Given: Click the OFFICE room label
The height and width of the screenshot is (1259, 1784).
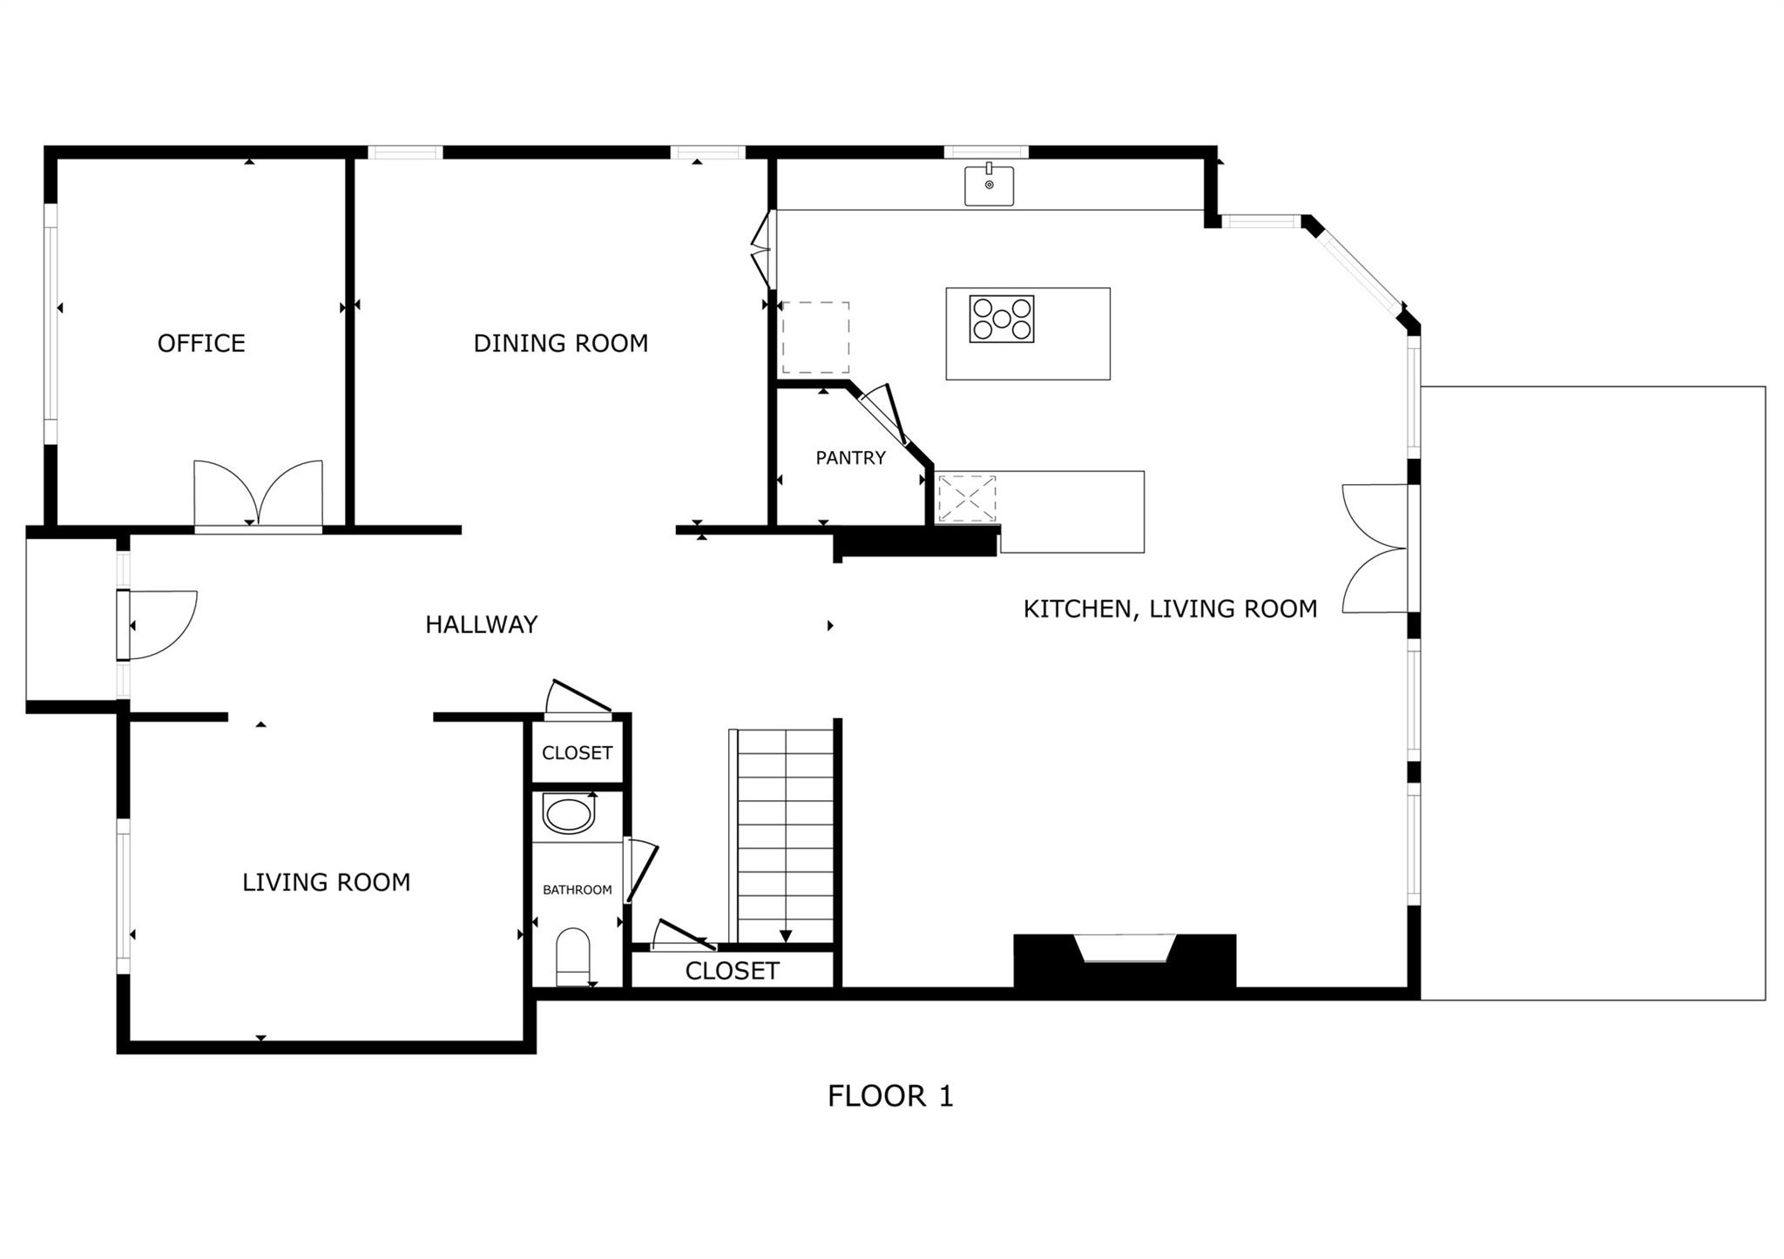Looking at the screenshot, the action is (x=201, y=343).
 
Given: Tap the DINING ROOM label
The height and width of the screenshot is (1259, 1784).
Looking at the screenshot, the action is (x=561, y=343).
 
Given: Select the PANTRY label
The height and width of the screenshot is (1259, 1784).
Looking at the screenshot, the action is (x=850, y=457).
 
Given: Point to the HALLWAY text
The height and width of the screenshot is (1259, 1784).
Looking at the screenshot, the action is (x=482, y=624).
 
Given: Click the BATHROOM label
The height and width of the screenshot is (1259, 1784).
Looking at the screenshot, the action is (x=578, y=890).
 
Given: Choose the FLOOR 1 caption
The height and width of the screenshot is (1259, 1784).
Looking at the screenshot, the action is (x=890, y=1096).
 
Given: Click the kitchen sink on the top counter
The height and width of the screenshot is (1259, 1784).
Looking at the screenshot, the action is (x=989, y=185).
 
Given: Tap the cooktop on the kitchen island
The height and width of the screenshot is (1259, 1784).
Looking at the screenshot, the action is (x=1002, y=319).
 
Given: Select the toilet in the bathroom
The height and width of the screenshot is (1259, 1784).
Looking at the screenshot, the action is (x=573, y=956).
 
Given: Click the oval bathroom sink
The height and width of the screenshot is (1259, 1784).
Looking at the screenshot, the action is (x=569, y=813).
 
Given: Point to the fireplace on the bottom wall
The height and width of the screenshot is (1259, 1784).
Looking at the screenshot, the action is (x=1125, y=960).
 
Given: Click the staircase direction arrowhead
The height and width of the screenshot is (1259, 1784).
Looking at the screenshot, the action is (x=786, y=936).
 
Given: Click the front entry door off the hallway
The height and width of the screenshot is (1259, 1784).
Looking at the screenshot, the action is (x=158, y=624).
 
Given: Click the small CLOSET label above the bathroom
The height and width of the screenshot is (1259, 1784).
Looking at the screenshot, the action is (x=578, y=752).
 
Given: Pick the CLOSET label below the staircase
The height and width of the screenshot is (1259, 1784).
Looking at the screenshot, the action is (x=732, y=971).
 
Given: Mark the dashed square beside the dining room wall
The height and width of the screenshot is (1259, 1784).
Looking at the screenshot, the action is (x=815, y=338).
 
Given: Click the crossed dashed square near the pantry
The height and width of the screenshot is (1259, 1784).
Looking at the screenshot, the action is (x=967, y=499).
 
